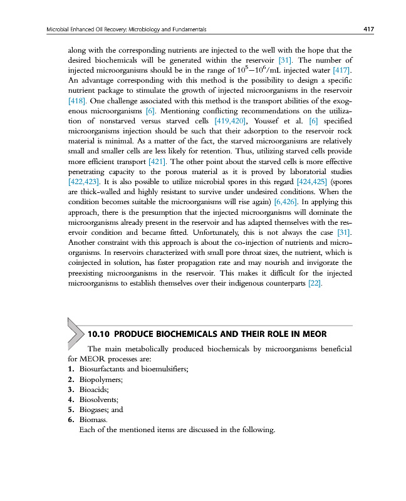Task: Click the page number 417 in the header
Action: pos(368,29)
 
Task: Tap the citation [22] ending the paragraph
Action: pos(315,284)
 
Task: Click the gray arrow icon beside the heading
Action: pos(74,332)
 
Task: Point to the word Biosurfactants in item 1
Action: pos(104,369)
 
